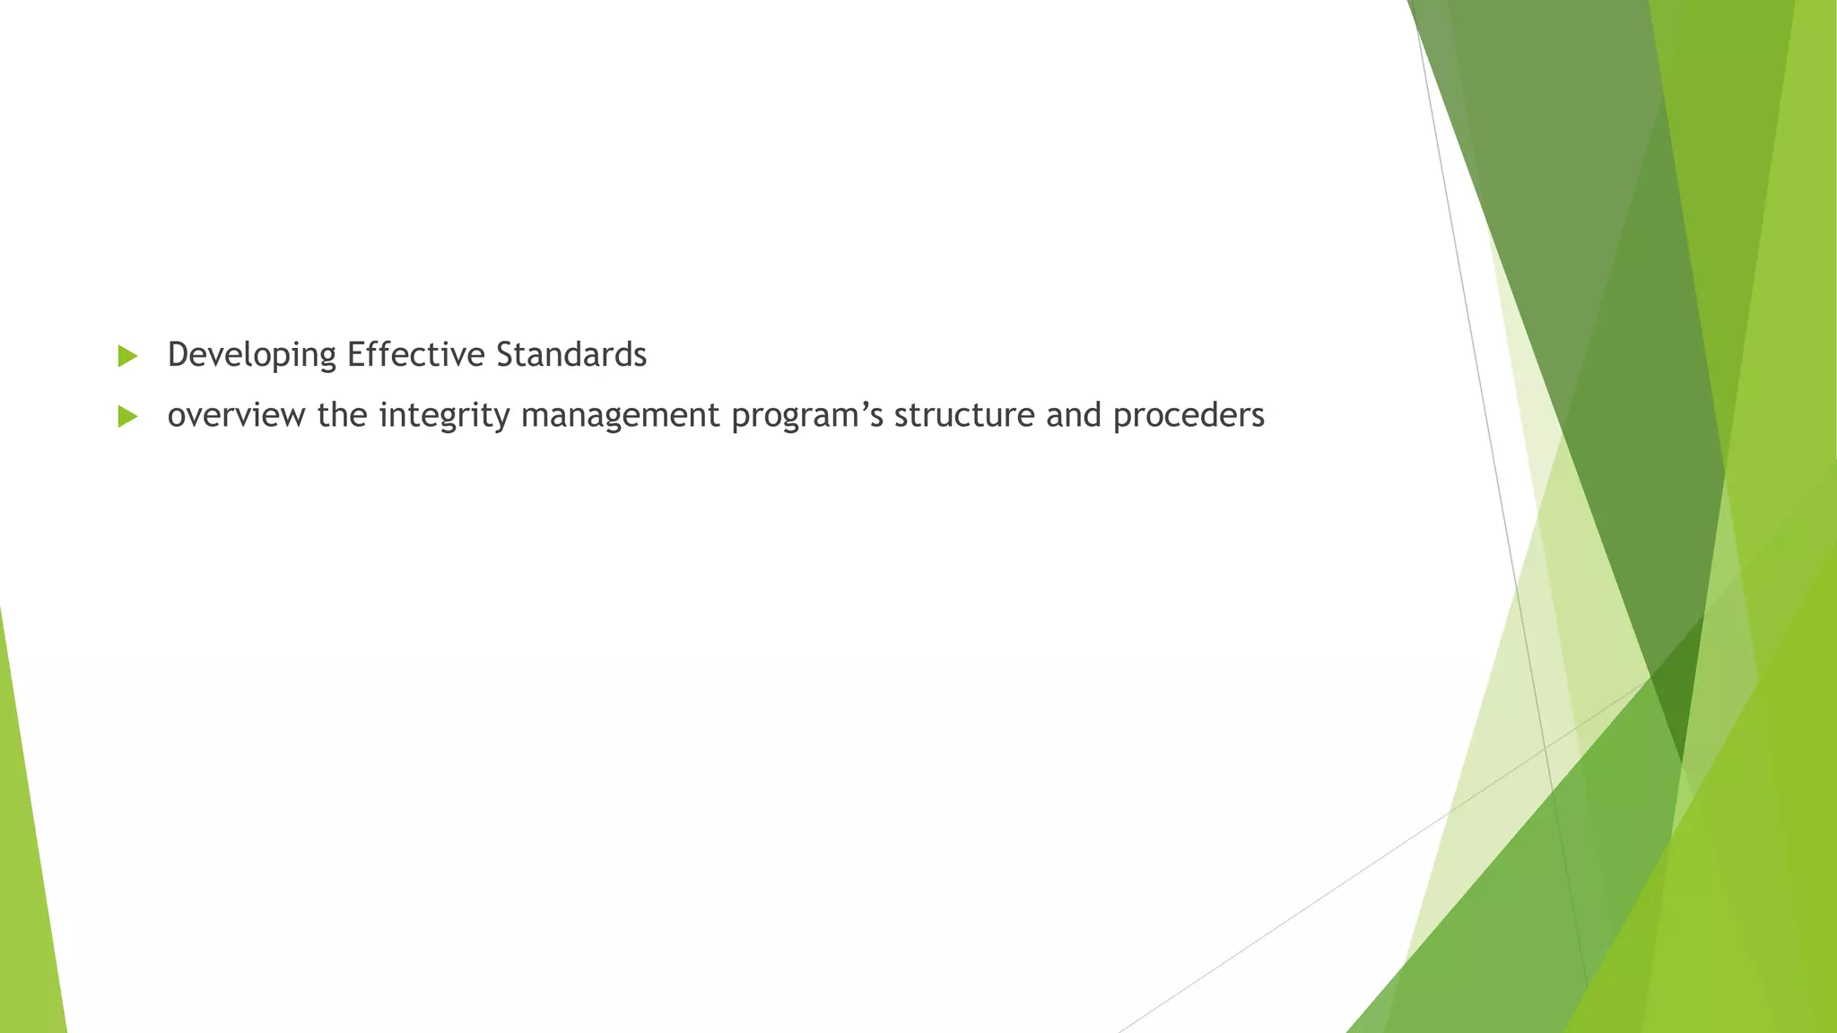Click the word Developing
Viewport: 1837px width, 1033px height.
[251, 355]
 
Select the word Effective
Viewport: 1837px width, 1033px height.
[416, 355]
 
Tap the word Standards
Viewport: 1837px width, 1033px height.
[570, 355]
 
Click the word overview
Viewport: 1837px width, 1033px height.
[236, 415]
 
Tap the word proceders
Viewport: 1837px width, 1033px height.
[1188, 416]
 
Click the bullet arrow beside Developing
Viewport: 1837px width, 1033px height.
[127, 356]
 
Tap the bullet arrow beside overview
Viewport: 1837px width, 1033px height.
[127, 416]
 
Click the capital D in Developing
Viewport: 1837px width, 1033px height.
[178, 355]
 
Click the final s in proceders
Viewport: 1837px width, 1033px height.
[1258, 417]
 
